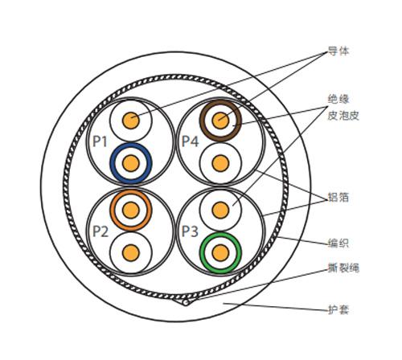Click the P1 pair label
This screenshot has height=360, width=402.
[x=100, y=141]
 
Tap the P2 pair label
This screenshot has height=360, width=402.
[x=100, y=231]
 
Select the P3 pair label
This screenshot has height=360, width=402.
[x=190, y=231]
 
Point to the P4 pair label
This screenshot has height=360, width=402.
[x=190, y=141]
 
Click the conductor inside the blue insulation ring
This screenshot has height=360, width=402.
[x=131, y=163]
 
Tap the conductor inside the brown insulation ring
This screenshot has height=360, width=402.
[x=220, y=121]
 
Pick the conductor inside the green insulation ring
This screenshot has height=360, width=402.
[x=220, y=252]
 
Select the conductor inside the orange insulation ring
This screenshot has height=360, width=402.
[x=131, y=210]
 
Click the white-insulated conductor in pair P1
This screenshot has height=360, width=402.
[x=131, y=121]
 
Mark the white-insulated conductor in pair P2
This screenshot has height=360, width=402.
[x=131, y=252]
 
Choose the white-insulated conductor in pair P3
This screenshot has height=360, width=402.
[x=220, y=210]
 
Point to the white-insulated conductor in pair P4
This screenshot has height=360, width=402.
[x=220, y=163]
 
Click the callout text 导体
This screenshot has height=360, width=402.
[x=338, y=51]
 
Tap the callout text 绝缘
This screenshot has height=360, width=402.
[x=338, y=99]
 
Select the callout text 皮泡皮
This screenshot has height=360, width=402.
[x=343, y=116]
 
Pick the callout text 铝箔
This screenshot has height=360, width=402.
[x=338, y=197]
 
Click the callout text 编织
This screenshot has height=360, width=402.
[x=338, y=243]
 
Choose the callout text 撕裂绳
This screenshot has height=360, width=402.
[x=343, y=268]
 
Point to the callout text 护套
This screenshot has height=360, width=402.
[x=338, y=310]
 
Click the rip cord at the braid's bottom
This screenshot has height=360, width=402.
[x=186, y=303]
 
